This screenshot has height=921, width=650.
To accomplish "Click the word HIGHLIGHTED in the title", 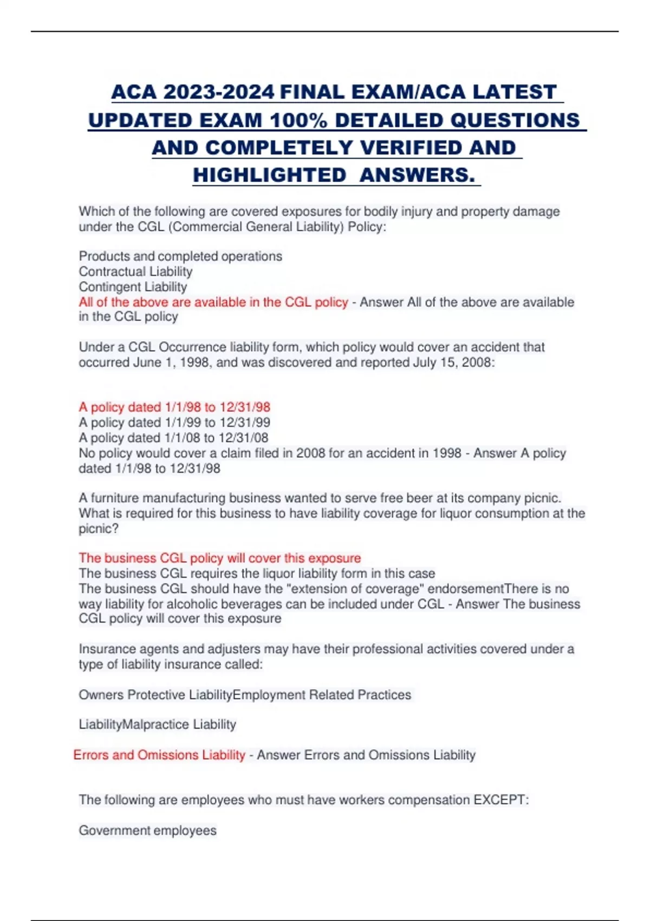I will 269,175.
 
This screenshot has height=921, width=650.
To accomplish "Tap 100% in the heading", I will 298,120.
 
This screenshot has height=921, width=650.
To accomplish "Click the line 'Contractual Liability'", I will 135,271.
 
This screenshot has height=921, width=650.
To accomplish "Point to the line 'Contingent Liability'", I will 133,287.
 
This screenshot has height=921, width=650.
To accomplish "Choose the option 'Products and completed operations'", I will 180,256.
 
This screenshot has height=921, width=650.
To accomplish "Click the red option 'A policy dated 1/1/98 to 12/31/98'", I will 174,407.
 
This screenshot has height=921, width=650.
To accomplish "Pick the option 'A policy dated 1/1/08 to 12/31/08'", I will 173,438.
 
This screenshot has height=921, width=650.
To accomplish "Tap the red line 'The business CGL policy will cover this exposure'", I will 219,558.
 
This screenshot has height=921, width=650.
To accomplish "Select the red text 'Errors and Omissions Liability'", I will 159,755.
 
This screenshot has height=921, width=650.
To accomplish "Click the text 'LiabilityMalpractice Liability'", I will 157,724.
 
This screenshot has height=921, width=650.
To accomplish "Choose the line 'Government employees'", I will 147,831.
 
